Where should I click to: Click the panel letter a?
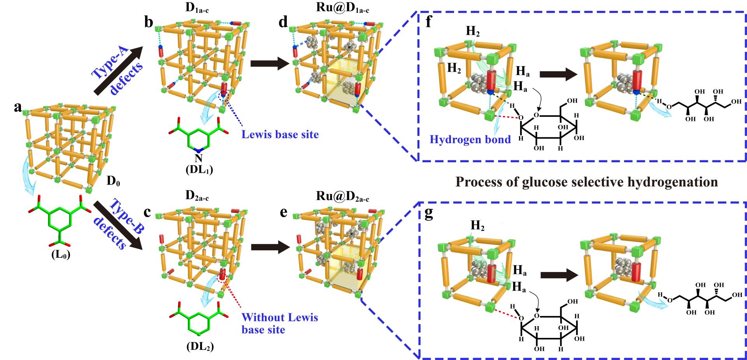coord(18,107)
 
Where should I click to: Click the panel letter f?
coord(429,22)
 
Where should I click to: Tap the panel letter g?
coord(429,215)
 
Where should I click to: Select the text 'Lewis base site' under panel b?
coord(280,135)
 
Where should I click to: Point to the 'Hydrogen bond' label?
coord(470,139)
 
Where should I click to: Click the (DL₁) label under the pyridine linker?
coord(200,170)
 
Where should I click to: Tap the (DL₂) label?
coord(200,346)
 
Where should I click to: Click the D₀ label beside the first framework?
coord(114,181)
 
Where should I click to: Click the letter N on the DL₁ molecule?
coord(198,158)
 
